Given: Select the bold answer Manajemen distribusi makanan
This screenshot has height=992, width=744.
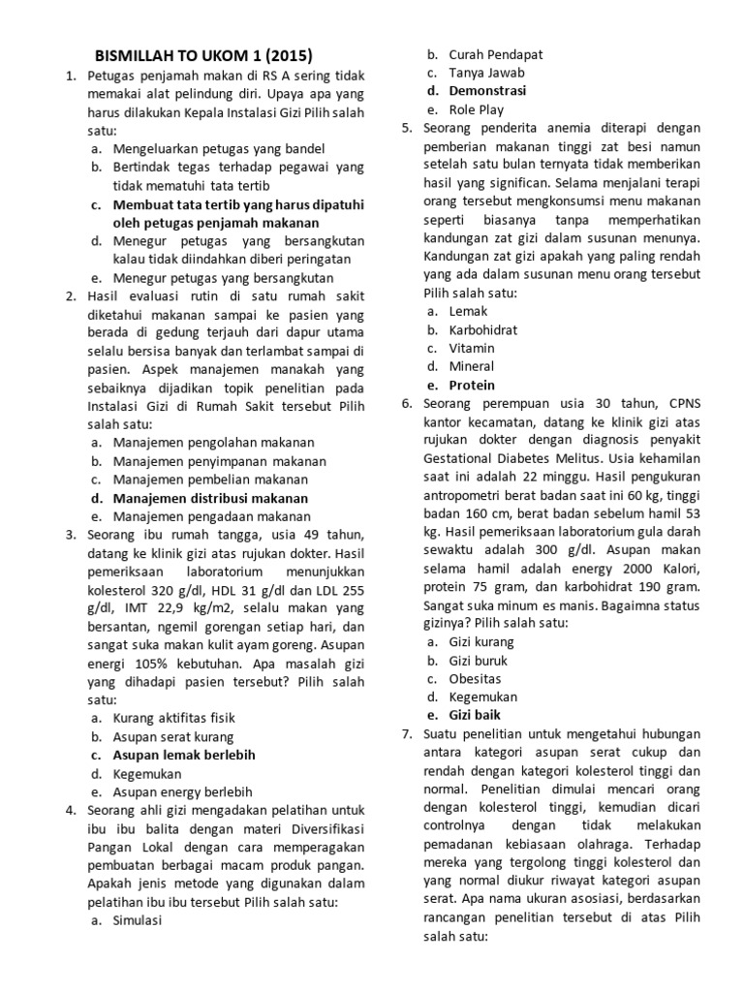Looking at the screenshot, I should [210, 498].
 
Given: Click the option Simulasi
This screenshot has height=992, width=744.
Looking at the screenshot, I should [138, 920].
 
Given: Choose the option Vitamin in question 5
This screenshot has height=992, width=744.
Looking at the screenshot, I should [472, 348].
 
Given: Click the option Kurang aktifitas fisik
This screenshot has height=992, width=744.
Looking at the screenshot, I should [174, 718].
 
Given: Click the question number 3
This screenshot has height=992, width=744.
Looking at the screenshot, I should [71, 535].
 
